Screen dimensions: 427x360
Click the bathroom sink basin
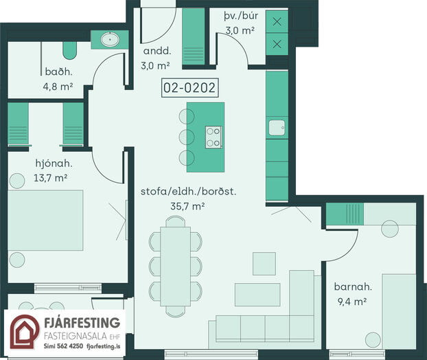[x=110, y=40]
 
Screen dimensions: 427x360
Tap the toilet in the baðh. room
[x=70, y=50]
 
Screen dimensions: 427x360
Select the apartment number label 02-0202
[x=189, y=88]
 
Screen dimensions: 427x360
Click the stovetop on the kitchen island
[x=213, y=137]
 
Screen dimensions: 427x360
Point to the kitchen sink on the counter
[x=277, y=128]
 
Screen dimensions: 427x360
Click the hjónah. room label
[x=54, y=164]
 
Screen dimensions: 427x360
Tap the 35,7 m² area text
[x=187, y=206]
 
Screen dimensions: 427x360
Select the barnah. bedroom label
[x=353, y=286]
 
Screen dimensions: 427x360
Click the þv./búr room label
[x=241, y=16]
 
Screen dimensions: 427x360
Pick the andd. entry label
[x=157, y=51]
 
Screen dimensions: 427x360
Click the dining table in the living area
[x=175, y=267]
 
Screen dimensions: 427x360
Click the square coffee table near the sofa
[x=264, y=264]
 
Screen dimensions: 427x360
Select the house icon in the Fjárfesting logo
[x=24, y=331]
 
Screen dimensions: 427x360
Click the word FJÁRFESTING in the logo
[x=82, y=323]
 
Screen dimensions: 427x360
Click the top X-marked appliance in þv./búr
[x=277, y=21]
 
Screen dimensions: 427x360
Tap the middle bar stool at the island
[x=187, y=137]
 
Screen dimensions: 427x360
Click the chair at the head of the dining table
[x=175, y=221]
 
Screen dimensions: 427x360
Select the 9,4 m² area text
[x=352, y=302]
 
